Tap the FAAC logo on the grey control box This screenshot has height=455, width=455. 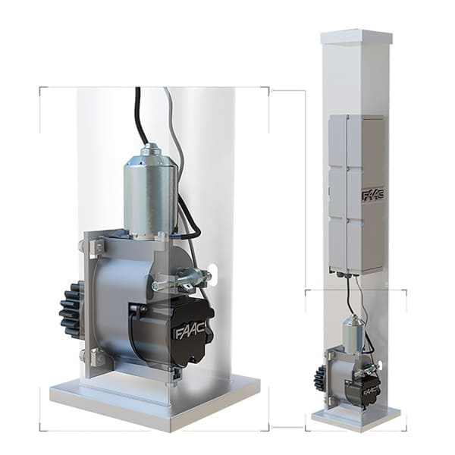373,195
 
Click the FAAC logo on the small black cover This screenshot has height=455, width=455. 371,391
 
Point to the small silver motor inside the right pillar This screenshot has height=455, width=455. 353,331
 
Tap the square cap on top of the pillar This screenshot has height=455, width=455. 356,36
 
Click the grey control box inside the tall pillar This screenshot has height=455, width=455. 357,194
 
